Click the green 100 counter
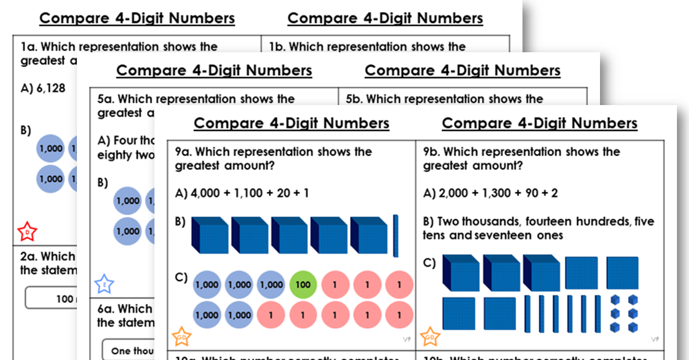point(303,284)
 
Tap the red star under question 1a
point(28,231)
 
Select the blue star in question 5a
point(104,284)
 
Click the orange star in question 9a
point(182,336)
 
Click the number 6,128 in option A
point(50,88)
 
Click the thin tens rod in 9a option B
point(395,235)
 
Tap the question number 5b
point(355,99)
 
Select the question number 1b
point(278,47)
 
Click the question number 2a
point(29,257)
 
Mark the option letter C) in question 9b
point(429,264)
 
